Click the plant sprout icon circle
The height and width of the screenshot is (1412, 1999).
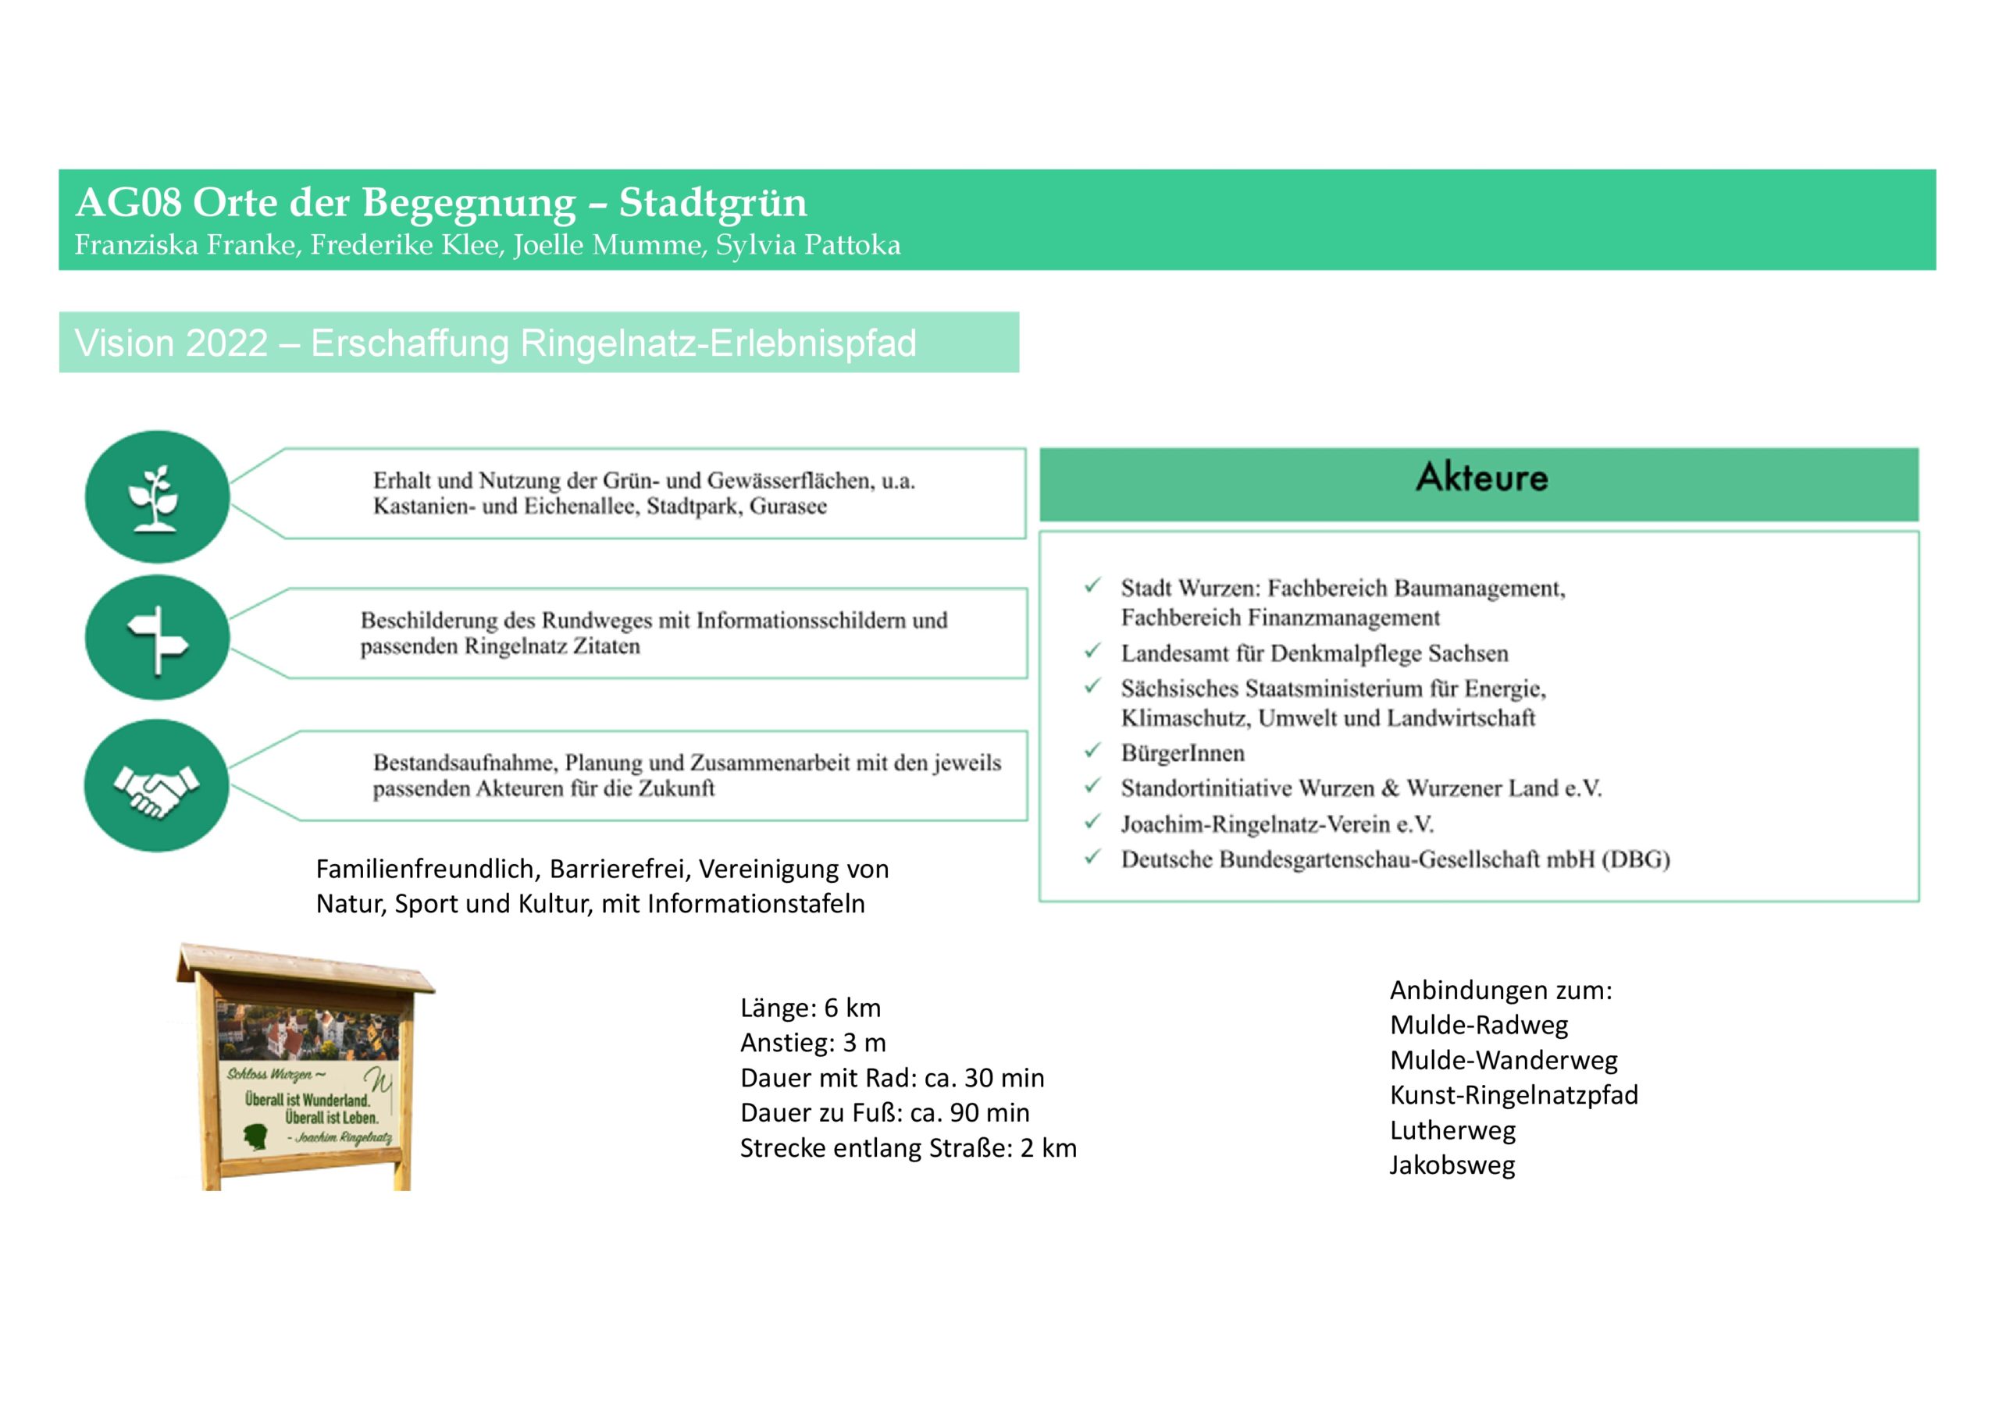157,497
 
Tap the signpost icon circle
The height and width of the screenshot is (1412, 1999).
157,638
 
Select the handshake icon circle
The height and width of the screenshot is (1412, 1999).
157,785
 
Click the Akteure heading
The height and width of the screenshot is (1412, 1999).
1481,478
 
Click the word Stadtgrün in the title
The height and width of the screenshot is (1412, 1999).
713,203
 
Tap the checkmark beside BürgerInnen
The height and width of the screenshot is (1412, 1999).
1092,750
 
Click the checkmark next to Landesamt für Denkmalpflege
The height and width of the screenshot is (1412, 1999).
1092,651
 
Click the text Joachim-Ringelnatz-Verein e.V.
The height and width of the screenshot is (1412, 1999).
1277,823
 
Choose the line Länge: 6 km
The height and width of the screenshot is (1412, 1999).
811,1008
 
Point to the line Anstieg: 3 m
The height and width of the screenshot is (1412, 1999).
813,1043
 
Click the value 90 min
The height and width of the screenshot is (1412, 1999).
996,1112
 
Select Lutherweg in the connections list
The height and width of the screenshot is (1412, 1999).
1452,1130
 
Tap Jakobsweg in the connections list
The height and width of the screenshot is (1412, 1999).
1452,1165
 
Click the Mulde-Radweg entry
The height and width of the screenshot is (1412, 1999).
1478,1025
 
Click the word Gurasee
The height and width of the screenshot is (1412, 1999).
788,507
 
